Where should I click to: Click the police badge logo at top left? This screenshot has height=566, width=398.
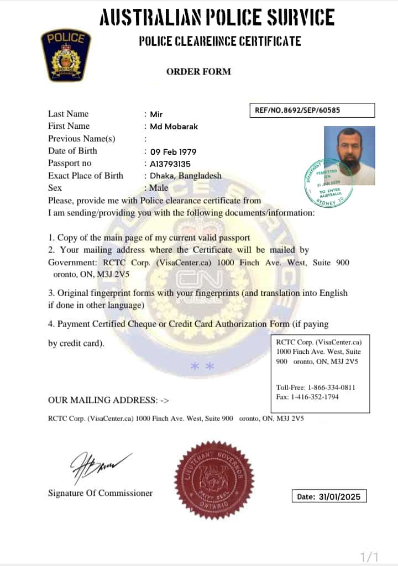tap(66, 55)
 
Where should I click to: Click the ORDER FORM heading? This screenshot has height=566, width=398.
tap(198, 71)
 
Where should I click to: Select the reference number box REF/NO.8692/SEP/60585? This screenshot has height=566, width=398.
tap(312, 110)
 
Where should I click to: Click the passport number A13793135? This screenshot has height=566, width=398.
tap(170, 164)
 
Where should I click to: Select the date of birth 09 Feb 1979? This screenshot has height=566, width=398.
tap(173, 151)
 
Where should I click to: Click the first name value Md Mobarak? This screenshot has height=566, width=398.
tap(174, 127)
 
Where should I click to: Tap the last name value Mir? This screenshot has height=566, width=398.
tap(156, 114)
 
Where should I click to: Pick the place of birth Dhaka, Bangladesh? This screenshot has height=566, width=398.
tap(186, 176)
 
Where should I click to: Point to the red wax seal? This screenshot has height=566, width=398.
tap(214, 480)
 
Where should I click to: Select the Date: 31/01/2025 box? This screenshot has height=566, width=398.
tap(329, 496)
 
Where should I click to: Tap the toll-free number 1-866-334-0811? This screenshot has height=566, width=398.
tap(332, 387)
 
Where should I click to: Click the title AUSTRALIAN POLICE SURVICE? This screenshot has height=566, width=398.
tap(217, 18)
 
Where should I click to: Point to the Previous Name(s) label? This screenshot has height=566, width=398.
tap(82, 139)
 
